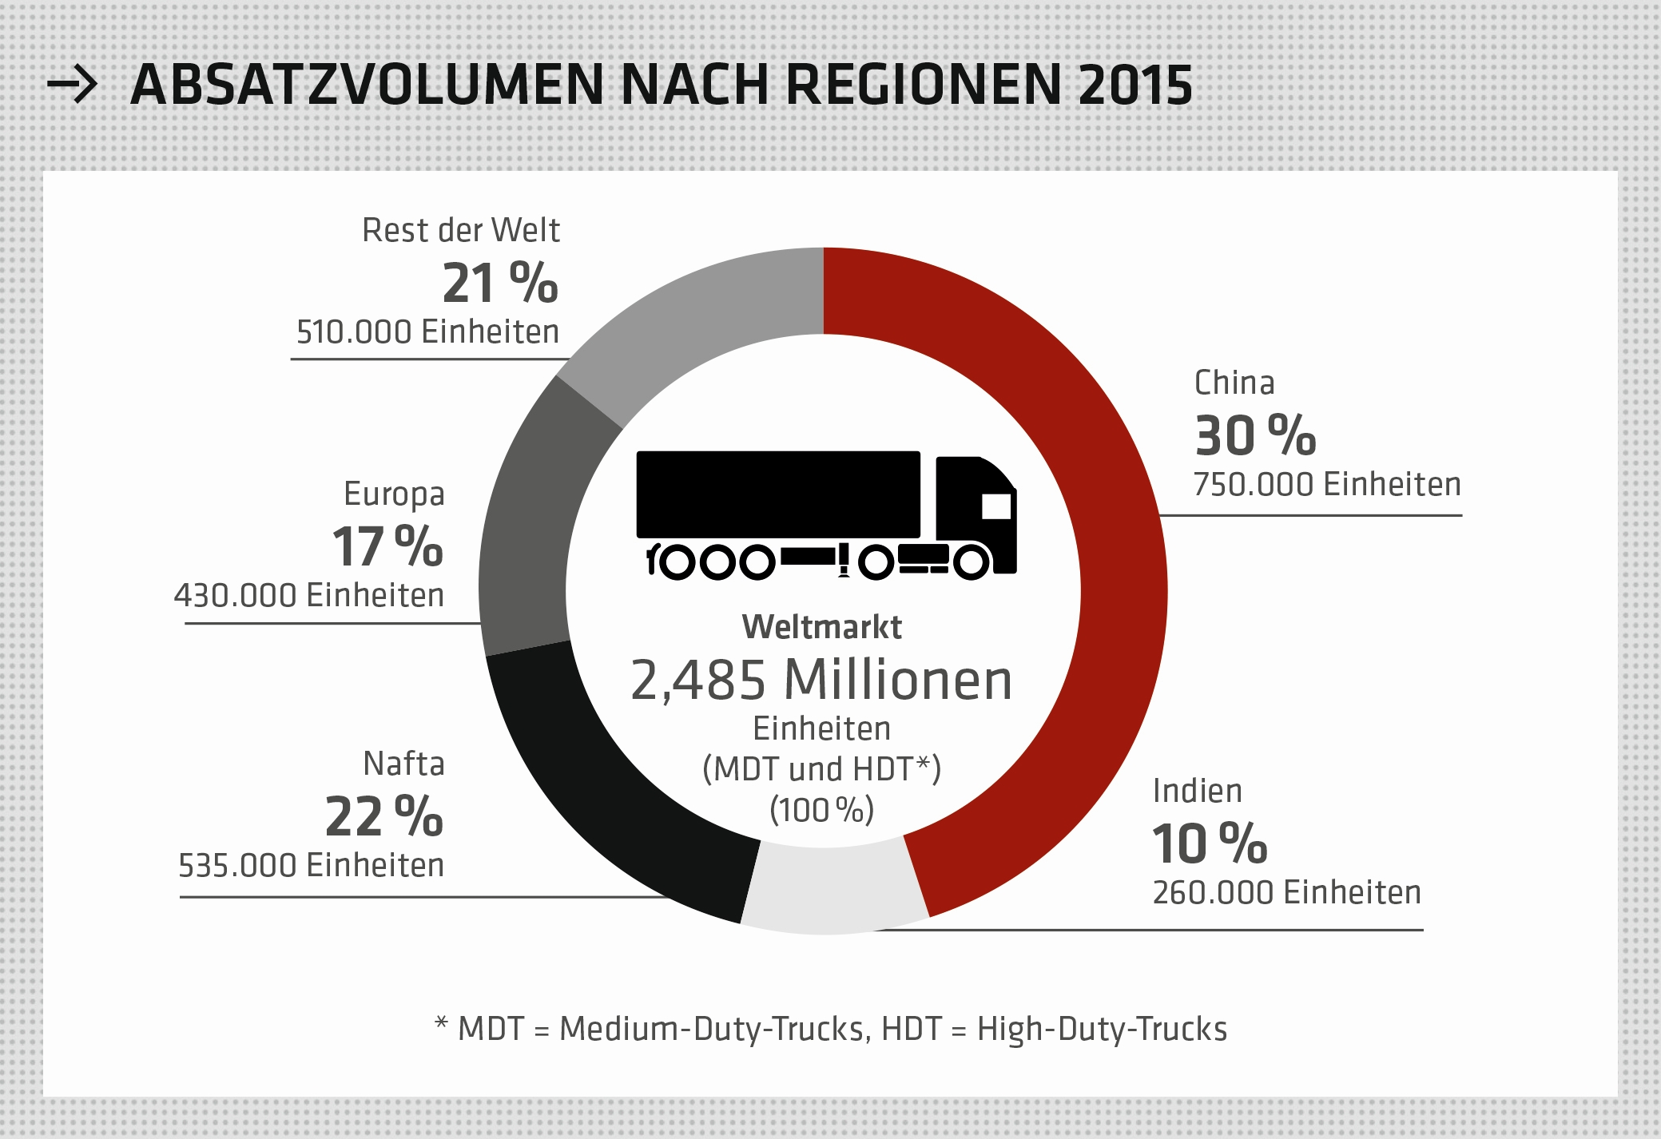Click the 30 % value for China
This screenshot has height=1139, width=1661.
1255,436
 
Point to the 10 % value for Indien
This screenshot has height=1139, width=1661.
1210,844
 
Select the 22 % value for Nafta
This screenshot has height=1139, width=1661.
383,817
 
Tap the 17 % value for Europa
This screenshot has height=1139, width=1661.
387,547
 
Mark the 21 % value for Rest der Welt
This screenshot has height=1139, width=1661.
500,284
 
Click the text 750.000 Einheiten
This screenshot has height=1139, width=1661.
1327,485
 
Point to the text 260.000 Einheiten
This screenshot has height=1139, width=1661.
1286,893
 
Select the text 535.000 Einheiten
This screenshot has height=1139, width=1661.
311,866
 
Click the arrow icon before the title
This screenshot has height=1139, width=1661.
72,85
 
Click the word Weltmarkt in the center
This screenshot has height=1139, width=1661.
821,628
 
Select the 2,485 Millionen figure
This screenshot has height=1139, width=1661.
821,681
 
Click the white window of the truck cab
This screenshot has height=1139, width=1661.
996,506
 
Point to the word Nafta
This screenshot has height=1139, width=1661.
403,764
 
